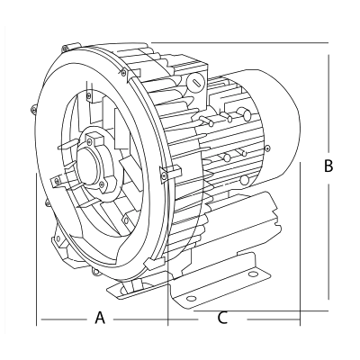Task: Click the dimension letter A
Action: click(x=100, y=318)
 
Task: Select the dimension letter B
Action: click(x=328, y=166)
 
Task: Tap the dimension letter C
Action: click(x=222, y=318)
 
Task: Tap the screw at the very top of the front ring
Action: click(x=65, y=48)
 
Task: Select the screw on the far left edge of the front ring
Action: click(x=33, y=108)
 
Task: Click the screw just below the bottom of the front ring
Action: click(x=95, y=272)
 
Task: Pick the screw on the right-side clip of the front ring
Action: click(x=164, y=176)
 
